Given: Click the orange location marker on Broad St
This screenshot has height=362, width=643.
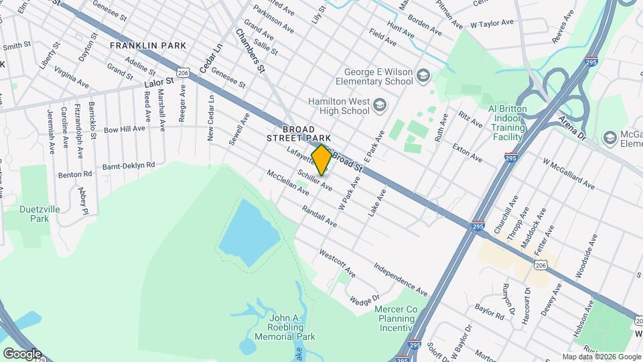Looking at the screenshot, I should (321, 160).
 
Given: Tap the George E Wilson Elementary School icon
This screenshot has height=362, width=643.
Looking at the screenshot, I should (423, 76).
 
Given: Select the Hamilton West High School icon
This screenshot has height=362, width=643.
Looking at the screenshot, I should (380, 105).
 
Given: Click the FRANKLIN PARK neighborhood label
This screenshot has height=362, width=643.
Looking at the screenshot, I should (147, 46).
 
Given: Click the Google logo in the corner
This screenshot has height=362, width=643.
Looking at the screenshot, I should (22, 353).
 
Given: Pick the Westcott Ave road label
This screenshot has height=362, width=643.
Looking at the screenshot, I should (336, 263).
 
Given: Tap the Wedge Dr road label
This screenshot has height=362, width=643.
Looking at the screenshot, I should (364, 292).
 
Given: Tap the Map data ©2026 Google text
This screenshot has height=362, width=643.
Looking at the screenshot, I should (601, 357).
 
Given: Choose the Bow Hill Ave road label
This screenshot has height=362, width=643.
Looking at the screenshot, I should (124, 128).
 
